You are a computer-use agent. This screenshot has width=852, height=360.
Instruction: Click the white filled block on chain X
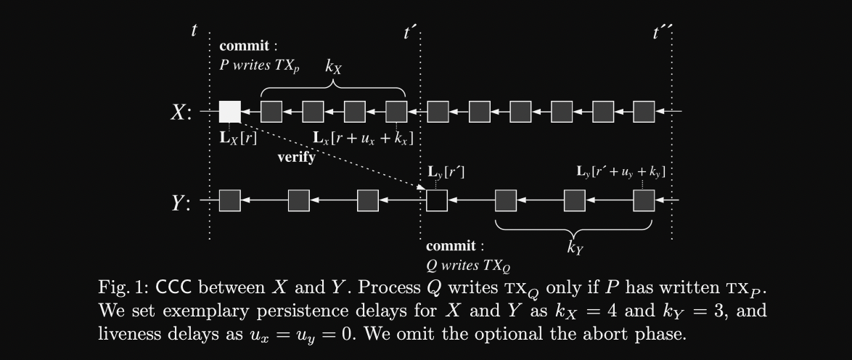229,112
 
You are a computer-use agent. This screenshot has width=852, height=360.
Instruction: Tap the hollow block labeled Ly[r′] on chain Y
437,200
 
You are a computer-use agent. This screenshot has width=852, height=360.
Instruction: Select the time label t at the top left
194,30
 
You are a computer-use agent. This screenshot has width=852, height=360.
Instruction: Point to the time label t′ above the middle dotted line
410,32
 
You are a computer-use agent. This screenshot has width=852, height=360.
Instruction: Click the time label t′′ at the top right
663,32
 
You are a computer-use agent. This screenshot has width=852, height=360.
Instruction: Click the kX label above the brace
333,67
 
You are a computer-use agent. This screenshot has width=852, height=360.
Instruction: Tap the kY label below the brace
575,247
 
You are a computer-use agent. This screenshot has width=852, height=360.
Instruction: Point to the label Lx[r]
238,136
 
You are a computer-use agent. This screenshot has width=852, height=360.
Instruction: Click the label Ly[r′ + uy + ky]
620,171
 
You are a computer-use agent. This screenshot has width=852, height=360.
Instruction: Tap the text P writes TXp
260,65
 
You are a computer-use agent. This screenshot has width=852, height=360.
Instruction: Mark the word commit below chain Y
451,246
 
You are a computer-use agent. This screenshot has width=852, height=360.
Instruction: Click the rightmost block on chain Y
644,200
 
